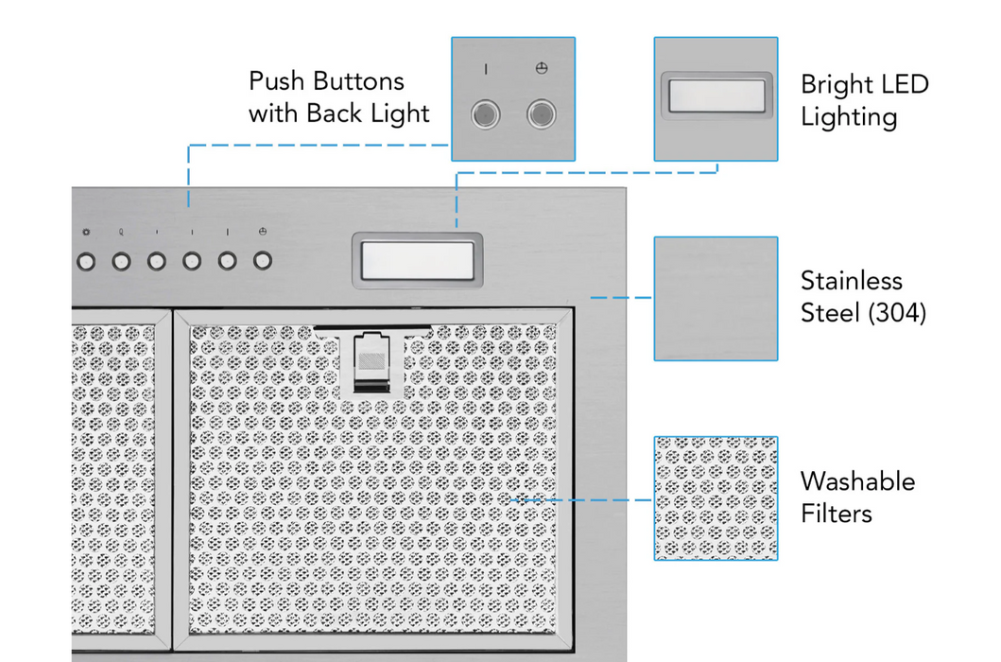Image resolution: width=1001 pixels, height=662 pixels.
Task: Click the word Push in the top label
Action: pyautogui.click(x=276, y=81)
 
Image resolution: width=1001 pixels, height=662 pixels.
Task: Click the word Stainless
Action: pyautogui.click(x=852, y=281)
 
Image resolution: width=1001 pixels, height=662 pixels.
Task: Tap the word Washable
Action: pyautogui.click(x=858, y=481)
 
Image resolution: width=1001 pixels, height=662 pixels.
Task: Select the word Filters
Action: pyautogui.click(x=837, y=514)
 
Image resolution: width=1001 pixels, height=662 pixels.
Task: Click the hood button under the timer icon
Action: pyautogui.click(x=263, y=261)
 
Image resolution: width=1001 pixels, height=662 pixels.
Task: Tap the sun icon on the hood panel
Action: pyautogui.click(x=86, y=232)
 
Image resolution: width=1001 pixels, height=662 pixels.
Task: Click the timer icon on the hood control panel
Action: pyautogui.click(x=263, y=232)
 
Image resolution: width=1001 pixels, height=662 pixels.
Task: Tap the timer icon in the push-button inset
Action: pyautogui.click(x=542, y=68)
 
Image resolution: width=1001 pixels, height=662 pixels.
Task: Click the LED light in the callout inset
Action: pyautogui.click(x=716, y=96)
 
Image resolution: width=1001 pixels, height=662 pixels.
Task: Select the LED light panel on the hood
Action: pyautogui.click(x=418, y=261)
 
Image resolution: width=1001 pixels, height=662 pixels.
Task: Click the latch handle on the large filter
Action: pyautogui.click(x=371, y=361)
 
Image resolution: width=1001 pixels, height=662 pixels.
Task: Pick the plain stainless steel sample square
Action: pyautogui.click(x=716, y=299)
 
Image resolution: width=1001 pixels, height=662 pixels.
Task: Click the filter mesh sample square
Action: pyautogui.click(x=716, y=498)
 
